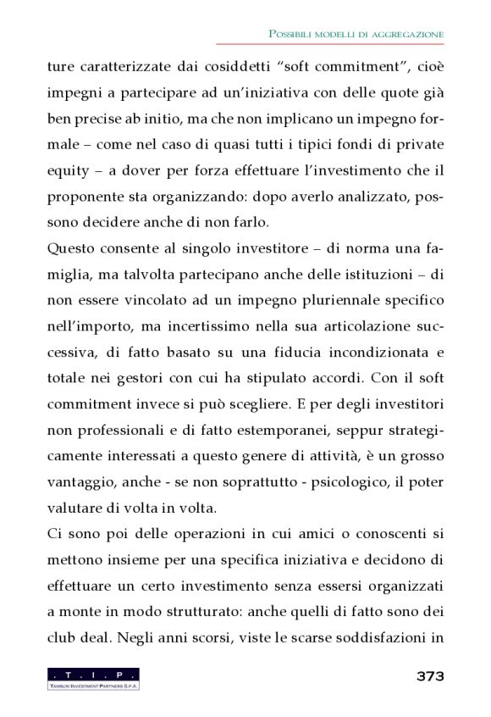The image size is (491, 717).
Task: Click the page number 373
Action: tap(430, 676)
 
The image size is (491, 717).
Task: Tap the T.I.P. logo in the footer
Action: tap(94, 678)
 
